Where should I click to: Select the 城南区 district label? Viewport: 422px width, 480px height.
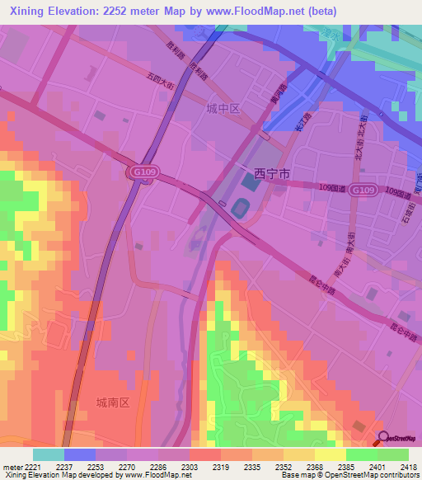[x=114, y=402]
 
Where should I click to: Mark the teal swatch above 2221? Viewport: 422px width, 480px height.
[x=48, y=454]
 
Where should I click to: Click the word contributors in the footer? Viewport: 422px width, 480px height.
[x=398, y=476]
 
